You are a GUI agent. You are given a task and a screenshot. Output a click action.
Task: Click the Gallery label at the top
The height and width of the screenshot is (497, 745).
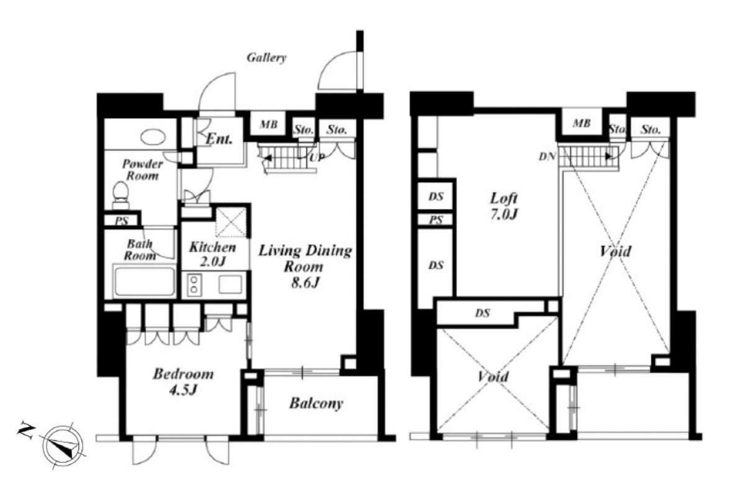(x=266, y=58)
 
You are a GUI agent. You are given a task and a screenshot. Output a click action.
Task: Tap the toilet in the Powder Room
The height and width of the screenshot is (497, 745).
(x=120, y=196)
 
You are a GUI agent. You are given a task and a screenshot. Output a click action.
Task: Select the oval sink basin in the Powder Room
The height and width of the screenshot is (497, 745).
(x=153, y=137)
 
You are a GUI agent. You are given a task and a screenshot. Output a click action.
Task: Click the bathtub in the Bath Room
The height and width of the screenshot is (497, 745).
(x=144, y=280)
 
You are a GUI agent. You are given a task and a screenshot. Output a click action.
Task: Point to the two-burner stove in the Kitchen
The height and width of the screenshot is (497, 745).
(x=194, y=285)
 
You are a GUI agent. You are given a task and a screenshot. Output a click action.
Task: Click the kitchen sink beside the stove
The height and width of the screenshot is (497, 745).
(x=230, y=285)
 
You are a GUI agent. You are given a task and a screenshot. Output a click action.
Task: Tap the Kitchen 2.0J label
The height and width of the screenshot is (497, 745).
(x=212, y=254)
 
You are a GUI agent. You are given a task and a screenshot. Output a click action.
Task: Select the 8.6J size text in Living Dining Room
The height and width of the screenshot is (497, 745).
(x=305, y=283)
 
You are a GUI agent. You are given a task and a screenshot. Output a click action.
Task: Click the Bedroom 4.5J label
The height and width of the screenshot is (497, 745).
(x=183, y=381)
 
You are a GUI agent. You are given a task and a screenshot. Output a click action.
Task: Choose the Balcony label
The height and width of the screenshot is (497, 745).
(x=316, y=403)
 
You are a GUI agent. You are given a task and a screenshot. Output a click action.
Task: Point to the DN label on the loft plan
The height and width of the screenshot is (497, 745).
(x=547, y=156)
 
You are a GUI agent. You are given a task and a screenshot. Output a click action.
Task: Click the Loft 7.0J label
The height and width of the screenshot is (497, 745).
(x=504, y=206)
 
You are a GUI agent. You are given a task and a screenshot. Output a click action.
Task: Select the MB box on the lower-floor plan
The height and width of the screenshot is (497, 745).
(x=268, y=124)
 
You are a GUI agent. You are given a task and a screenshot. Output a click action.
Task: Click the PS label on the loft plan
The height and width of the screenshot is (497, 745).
(x=435, y=220)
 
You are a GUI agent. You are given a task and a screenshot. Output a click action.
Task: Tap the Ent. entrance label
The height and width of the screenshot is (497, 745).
(x=219, y=139)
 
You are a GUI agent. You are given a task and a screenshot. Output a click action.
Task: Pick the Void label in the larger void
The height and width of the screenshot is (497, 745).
(x=615, y=251)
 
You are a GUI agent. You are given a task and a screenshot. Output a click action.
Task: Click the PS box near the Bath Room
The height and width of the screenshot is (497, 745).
(x=121, y=221)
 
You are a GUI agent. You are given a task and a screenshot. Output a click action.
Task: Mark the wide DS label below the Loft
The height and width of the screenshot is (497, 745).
(x=482, y=312)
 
